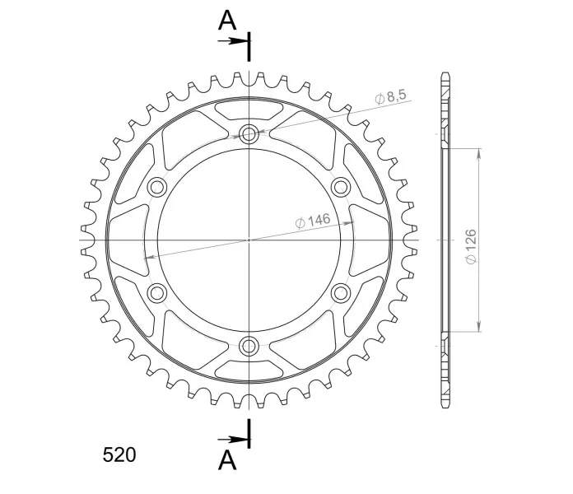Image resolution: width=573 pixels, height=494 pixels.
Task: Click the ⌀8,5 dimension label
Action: [391, 96]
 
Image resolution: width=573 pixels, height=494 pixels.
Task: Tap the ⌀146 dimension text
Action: [313, 221]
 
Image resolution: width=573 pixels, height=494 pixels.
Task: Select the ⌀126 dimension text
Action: [471, 246]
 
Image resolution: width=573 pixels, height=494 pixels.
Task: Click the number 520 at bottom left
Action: [119, 455]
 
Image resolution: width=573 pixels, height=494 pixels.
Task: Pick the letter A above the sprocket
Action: [227, 21]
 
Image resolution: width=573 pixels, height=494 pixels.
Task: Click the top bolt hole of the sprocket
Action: [249, 133]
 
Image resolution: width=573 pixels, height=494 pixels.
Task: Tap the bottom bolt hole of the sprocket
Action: [249, 346]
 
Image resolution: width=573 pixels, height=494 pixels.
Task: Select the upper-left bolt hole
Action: [157, 187]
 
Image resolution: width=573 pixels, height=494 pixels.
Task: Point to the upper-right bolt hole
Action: [341, 187]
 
